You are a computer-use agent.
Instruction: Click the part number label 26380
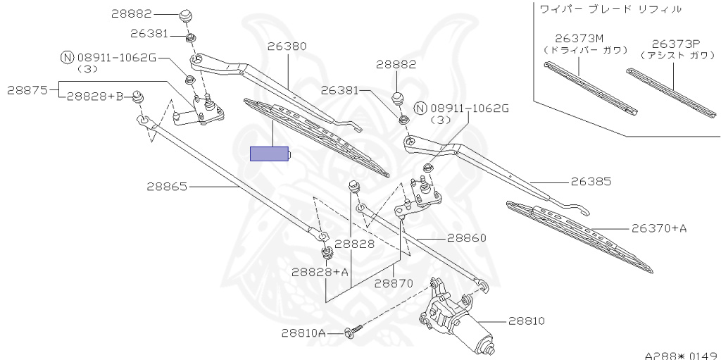coord(287,46)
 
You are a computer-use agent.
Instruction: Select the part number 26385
coord(591,181)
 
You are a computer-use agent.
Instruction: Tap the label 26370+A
coord(658,228)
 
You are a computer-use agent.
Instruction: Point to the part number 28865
coord(167,187)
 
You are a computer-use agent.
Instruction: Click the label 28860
coord(466,238)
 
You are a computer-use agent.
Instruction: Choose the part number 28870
coord(393,283)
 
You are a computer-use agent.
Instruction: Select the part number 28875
coord(27,89)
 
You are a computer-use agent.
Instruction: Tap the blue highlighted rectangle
coord(270,154)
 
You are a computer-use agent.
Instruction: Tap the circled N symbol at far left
coord(67,57)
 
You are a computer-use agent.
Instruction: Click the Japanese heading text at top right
coord(610,9)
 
